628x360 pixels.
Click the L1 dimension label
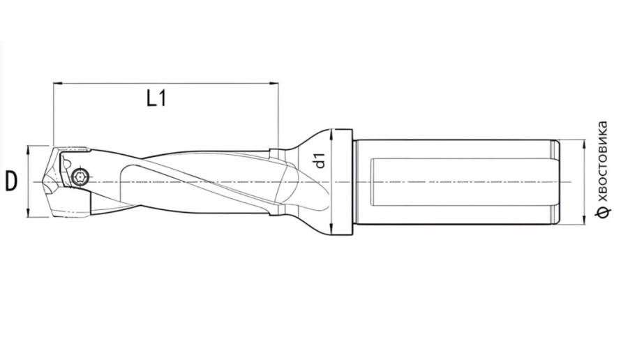click(x=157, y=98)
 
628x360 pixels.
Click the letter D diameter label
click(x=11, y=181)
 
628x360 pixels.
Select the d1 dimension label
click(x=320, y=160)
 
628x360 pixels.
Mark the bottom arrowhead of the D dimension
click(x=27, y=213)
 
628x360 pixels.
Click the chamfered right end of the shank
click(x=556, y=182)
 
